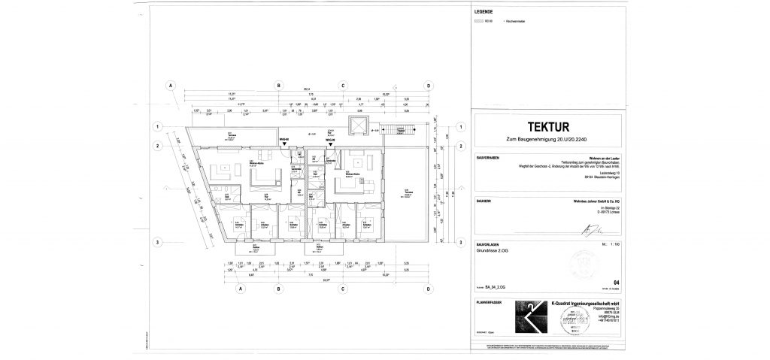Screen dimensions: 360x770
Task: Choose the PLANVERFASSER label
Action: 487,301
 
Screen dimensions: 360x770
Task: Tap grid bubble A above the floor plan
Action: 171,86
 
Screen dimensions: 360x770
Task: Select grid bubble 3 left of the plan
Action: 158,241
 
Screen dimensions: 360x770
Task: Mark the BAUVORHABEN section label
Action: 487,158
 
